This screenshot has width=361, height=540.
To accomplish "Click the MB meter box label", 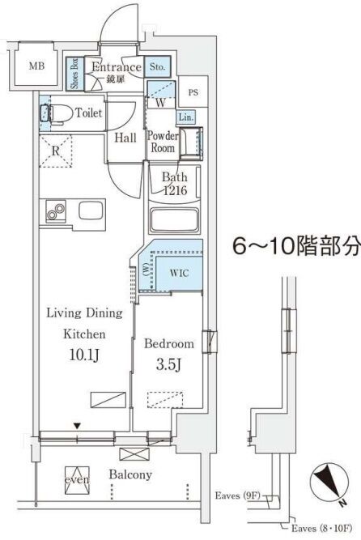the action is tap(36, 66).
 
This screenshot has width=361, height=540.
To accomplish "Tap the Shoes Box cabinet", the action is tap(74, 74).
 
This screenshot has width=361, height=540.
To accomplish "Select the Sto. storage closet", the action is tap(157, 66).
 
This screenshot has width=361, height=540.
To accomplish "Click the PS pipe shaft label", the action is tap(193, 92).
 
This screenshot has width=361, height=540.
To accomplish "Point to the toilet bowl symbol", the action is tap(61, 113).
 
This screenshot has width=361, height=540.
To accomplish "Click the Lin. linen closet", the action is tap(185, 117).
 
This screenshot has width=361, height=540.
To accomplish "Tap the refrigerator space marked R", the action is tap(56, 151).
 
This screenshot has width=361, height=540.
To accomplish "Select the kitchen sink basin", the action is tap(91, 210).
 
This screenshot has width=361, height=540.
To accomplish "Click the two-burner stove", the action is tap(56, 210).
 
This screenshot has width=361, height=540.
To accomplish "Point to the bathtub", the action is tap(175, 221).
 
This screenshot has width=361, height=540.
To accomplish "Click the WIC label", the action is tap(179, 273).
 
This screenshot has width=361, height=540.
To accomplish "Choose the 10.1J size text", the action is tap(84, 355).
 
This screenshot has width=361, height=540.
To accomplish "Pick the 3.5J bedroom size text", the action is tap(168, 364).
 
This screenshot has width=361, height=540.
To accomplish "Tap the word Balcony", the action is tap(130, 474).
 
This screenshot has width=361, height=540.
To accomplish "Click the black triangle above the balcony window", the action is tap(77, 427).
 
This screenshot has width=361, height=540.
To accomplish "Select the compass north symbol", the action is tap(329, 482).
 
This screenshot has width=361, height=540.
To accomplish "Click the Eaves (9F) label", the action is tap(237, 495).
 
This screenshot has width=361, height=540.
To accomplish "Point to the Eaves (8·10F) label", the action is tap(321, 528).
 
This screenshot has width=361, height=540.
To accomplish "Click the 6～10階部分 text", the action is tap(296, 246).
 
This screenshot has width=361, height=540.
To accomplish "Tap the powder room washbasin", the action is tap(191, 143).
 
